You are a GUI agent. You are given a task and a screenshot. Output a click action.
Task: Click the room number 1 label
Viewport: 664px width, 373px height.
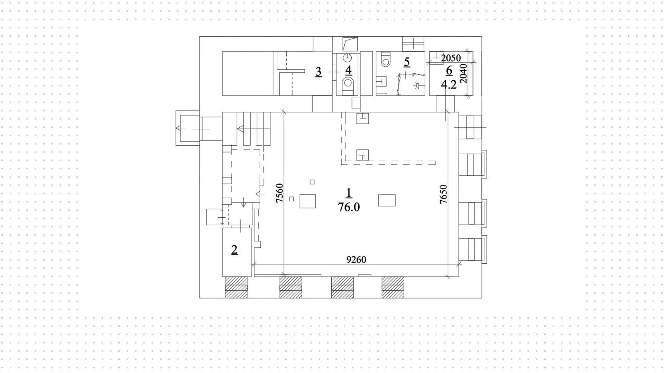[349, 193]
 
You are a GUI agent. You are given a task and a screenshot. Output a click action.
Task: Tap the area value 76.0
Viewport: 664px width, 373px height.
[349, 207]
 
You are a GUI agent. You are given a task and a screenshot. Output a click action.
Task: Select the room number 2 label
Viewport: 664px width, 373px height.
[234, 249]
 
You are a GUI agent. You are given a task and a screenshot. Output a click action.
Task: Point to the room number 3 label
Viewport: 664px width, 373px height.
[319, 72]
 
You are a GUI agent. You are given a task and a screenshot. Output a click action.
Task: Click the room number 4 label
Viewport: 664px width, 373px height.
[348, 70]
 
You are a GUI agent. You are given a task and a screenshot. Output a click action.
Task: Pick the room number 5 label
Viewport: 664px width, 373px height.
[407, 62]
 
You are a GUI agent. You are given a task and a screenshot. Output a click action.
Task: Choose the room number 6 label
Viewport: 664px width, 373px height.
[449, 71]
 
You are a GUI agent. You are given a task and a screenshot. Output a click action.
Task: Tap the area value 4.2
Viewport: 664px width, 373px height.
[449, 84]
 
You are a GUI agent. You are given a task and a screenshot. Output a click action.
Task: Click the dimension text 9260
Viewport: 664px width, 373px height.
[356, 260]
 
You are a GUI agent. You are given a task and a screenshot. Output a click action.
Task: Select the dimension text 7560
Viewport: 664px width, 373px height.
[279, 193]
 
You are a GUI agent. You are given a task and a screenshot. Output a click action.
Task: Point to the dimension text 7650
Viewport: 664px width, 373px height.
[443, 194]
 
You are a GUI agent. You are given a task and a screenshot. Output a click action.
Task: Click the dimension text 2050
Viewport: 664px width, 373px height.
[451, 58]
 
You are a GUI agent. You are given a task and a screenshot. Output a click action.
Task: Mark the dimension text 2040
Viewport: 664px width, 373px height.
[464, 73]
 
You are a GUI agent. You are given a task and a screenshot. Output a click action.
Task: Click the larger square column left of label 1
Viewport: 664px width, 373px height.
[307, 201]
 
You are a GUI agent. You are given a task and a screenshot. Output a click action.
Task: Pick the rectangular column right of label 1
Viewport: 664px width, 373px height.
[387, 200]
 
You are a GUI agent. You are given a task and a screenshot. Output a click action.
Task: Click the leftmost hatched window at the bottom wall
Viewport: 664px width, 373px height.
[236, 287]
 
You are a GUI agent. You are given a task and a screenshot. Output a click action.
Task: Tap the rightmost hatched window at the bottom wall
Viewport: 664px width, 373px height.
[393, 287]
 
